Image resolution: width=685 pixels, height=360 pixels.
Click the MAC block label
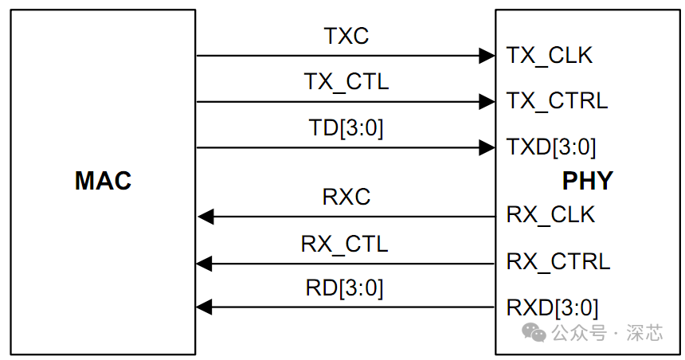103,182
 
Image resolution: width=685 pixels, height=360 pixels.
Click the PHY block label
588,182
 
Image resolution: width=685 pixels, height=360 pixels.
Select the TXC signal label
346,36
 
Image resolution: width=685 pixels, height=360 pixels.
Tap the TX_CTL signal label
346,81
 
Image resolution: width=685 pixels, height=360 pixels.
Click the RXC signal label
346,197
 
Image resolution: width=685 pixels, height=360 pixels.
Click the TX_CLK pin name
550,56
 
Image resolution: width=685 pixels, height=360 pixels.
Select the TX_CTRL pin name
557,101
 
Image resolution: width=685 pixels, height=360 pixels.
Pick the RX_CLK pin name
550,215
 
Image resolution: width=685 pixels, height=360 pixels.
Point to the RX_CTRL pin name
558,261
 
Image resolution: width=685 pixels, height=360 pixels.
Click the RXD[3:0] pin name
552,307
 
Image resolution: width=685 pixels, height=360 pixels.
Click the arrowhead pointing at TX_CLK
487,56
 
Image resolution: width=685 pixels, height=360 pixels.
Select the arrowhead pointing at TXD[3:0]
487,147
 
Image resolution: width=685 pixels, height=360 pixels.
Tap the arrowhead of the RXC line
205,216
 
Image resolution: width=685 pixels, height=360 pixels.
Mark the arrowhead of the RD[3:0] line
205,307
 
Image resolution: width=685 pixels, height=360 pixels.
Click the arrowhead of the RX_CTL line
205,263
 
